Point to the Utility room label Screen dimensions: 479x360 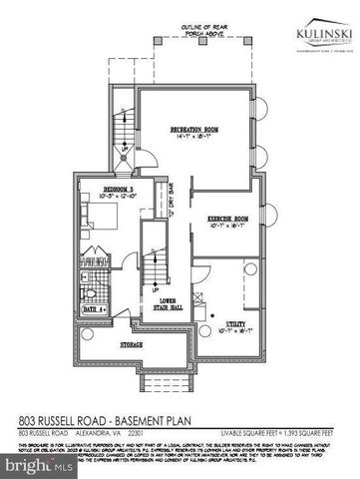[x=236, y=322]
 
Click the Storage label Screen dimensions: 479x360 [x=131, y=343]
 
